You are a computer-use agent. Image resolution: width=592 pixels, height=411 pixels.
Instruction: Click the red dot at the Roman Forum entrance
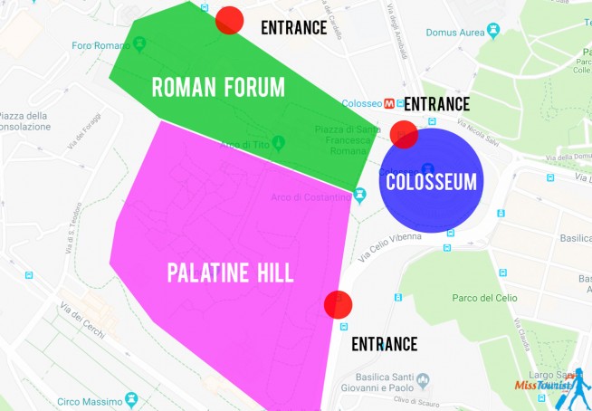click(229, 20)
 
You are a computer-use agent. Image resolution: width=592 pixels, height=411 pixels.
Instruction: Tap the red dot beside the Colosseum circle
click(403, 135)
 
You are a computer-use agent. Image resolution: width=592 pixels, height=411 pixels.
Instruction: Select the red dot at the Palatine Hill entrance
click(338, 304)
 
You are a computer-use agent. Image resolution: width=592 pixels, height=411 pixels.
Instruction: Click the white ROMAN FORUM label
click(217, 87)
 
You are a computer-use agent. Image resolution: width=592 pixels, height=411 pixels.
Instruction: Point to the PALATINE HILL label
click(230, 272)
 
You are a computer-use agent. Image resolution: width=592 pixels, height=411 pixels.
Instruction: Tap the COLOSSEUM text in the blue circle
click(431, 181)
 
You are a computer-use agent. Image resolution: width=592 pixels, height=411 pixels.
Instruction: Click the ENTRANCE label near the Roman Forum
click(293, 27)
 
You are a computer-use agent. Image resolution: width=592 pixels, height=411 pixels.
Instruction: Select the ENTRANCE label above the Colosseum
click(436, 104)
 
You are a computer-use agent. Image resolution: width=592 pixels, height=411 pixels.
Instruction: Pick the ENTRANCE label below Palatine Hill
click(384, 344)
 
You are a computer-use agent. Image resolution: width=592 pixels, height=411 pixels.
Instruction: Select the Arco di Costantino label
click(310, 196)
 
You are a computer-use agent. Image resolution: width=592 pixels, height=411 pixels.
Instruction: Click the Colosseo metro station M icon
click(390, 102)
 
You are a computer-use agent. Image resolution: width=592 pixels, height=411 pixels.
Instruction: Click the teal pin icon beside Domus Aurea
click(492, 30)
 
